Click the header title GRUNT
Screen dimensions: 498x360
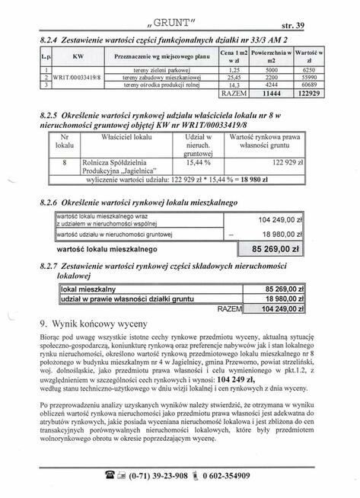coord(177,11)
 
